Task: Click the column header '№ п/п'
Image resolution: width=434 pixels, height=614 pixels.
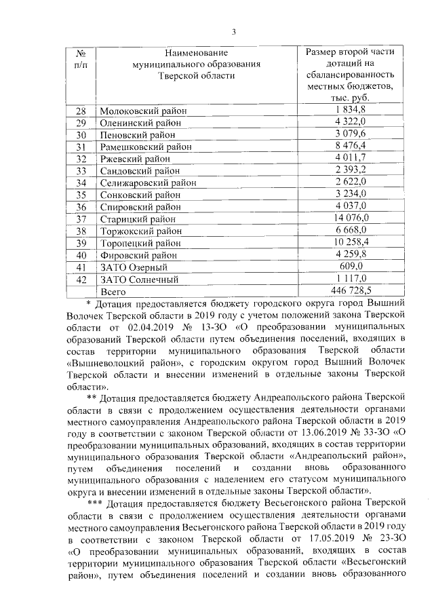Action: (81, 58)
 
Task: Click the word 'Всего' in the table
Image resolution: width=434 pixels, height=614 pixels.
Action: (114, 291)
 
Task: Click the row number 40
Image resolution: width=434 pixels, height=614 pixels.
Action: (81, 255)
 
